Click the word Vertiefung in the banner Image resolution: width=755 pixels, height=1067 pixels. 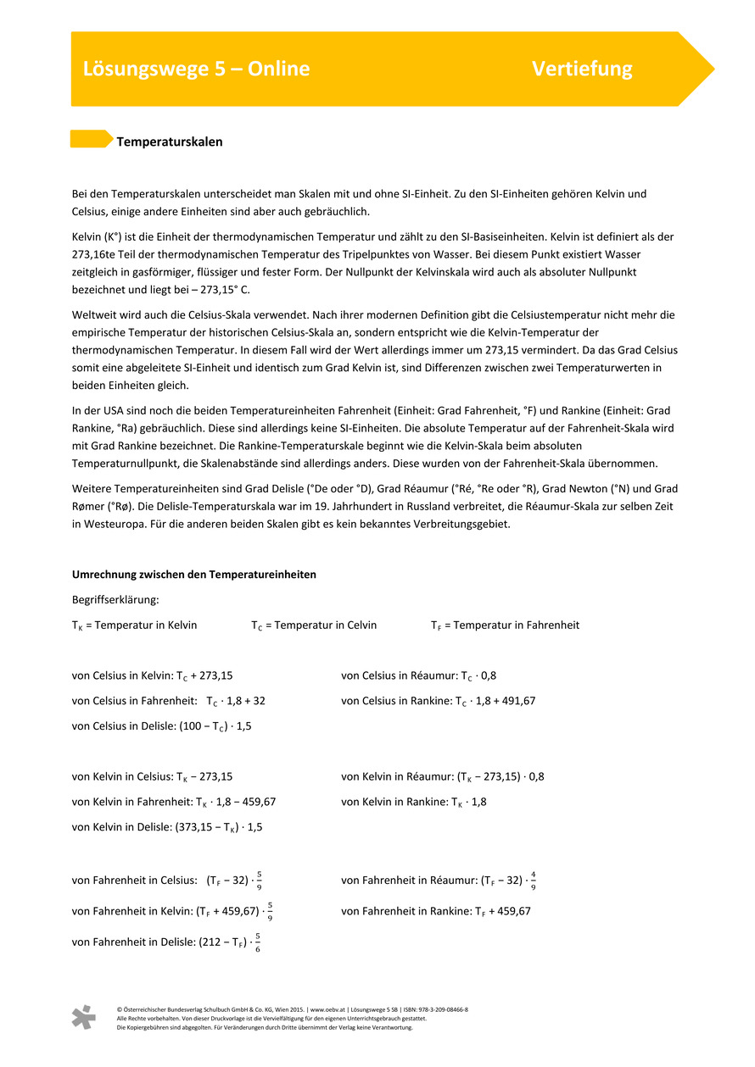(582, 69)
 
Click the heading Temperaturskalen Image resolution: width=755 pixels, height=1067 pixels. (170, 142)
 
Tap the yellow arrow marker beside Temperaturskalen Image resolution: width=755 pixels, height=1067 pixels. (91, 139)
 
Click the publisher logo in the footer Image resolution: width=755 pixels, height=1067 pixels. (83, 1017)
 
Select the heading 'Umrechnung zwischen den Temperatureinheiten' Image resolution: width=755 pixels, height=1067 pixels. (194, 575)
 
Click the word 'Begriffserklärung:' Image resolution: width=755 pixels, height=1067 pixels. (116, 600)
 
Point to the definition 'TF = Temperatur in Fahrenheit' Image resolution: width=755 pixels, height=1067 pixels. (505, 625)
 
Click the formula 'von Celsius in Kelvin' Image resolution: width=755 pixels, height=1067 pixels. (153, 676)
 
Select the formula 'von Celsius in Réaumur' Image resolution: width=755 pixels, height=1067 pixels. (419, 676)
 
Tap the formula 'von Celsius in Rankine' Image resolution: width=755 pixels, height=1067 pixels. (438, 701)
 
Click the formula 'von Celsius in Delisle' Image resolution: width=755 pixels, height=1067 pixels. (162, 726)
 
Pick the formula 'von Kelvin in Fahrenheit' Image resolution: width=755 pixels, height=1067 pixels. (174, 802)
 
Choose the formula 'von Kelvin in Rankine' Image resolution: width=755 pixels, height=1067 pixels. (414, 802)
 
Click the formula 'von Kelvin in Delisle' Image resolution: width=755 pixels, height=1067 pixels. (167, 827)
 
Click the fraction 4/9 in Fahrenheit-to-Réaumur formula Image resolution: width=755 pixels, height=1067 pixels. (533, 881)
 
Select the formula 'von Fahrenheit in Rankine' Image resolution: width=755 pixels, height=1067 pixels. (436, 911)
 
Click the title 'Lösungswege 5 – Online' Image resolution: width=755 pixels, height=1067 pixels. (196, 69)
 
